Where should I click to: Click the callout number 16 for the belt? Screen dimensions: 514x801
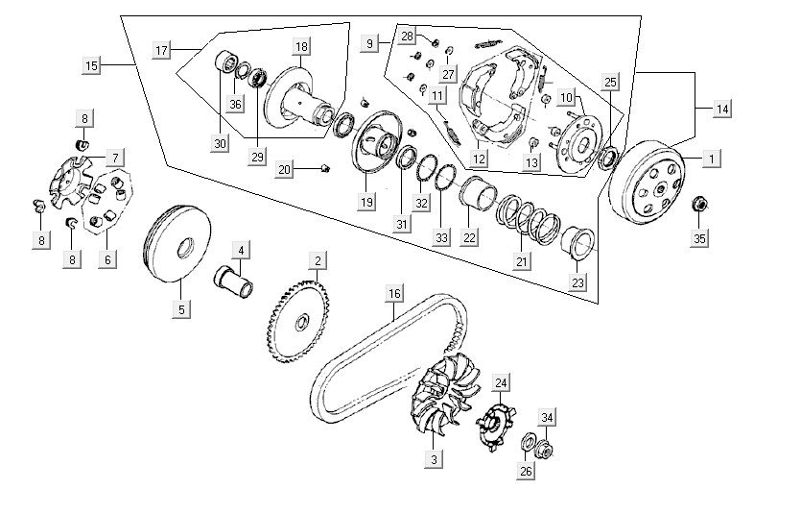click(x=393, y=293)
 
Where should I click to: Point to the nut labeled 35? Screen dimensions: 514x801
click(x=700, y=204)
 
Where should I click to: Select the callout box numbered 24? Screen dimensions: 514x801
click(x=500, y=382)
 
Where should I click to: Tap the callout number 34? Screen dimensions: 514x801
click(x=547, y=416)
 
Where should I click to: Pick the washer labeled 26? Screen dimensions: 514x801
click(x=529, y=443)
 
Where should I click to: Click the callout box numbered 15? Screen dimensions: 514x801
click(x=91, y=65)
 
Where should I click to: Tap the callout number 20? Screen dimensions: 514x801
click(x=284, y=169)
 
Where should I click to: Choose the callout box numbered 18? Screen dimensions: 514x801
click(x=302, y=46)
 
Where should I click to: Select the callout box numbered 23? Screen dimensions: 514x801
click(x=577, y=282)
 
